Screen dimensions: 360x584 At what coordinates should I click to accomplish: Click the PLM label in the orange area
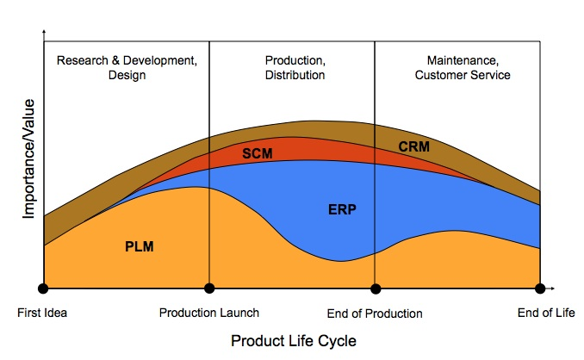click(x=140, y=246)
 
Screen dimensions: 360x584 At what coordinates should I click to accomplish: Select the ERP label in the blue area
click(x=342, y=209)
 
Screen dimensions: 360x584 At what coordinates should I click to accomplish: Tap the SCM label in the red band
click(x=257, y=153)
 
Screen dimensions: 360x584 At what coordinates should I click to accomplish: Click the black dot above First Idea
click(x=43, y=289)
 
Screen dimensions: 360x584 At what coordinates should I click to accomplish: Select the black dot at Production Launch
click(x=208, y=289)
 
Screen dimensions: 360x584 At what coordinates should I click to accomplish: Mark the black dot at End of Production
click(x=375, y=289)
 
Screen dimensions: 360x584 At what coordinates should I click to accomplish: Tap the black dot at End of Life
click(x=540, y=289)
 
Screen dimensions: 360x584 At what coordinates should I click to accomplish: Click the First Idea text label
click(x=42, y=313)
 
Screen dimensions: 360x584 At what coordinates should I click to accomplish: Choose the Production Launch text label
click(x=208, y=313)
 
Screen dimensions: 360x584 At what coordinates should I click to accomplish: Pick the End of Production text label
click(x=375, y=313)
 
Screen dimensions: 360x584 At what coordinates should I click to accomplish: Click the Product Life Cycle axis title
click(x=293, y=340)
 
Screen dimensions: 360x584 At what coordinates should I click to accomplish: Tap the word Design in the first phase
click(x=127, y=75)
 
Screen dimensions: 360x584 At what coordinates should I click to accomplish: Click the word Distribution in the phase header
click(x=295, y=75)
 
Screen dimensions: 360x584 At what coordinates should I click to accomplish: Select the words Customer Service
click(x=463, y=75)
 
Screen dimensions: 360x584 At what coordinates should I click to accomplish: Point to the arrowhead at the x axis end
click(x=554, y=289)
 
